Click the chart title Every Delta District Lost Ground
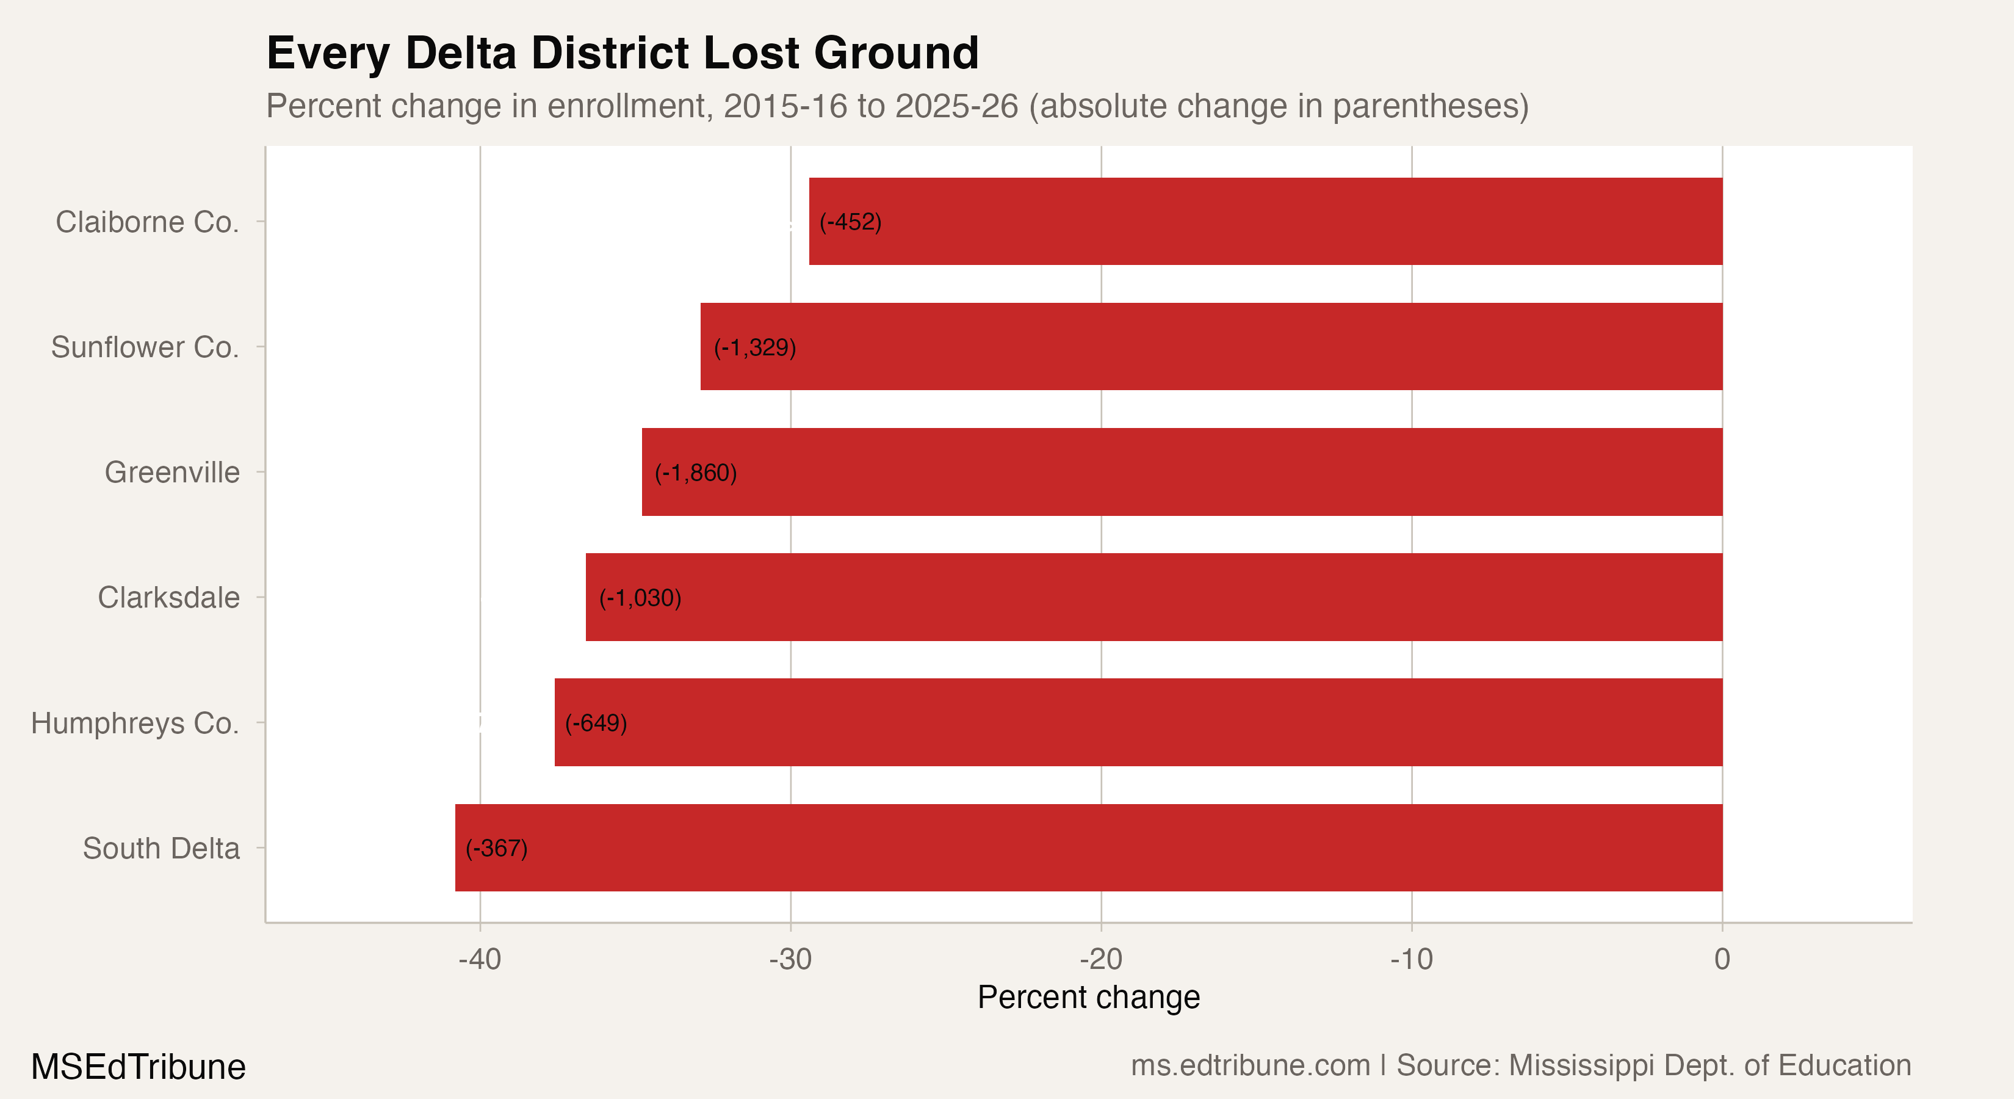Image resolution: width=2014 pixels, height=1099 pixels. point(623,53)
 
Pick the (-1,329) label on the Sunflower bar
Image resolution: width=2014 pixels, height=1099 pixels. point(754,347)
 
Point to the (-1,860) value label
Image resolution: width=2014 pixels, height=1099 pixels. point(696,473)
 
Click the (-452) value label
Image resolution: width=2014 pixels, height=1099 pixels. point(850,222)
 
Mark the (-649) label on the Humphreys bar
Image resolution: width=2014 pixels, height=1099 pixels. point(596,723)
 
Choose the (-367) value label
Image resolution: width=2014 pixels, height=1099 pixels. point(496,848)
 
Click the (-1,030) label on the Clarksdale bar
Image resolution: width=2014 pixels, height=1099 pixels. point(640,598)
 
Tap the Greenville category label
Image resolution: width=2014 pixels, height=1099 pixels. point(172,473)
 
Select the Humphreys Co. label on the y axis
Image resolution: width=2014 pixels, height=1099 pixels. point(134,723)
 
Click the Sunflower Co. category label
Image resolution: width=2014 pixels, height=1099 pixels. point(145,347)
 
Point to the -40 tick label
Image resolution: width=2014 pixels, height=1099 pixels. point(479,959)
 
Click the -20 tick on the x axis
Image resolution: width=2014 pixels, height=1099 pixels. point(1101,959)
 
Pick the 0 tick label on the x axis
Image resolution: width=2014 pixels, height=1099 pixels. point(1722,959)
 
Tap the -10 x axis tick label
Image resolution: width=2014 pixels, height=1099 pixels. point(1411,959)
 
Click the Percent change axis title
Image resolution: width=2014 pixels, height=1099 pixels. point(1088,997)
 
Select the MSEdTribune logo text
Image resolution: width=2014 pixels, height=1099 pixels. point(139,1067)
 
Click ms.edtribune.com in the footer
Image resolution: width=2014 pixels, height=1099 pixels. point(1250,1065)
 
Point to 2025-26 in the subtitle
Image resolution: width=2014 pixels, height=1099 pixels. point(956,106)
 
